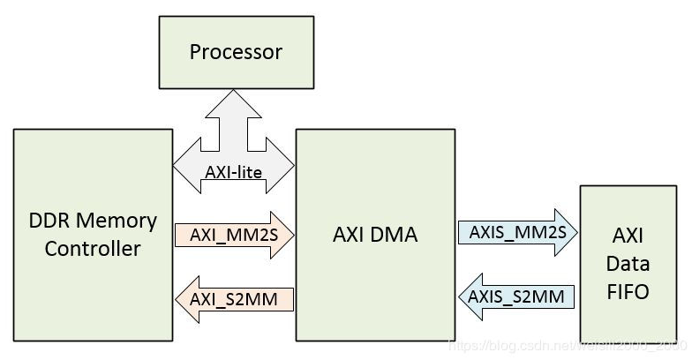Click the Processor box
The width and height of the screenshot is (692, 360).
pyautogui.click(x=236, y=51)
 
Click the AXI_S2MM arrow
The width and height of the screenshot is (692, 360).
pyautogui.click(x=234, y=299)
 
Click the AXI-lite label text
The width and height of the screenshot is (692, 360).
pyautogui.click(x=234, y=172)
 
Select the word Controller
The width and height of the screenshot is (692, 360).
pyautogui.click(x=93, y=249)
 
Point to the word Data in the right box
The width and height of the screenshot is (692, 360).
pyautogui.click(x=628, y=264)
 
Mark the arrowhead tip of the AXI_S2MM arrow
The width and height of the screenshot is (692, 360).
pyautogui.click(x=177, y=299)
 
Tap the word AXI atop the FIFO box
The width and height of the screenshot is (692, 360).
pyautogui.click(x=628, y=236)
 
